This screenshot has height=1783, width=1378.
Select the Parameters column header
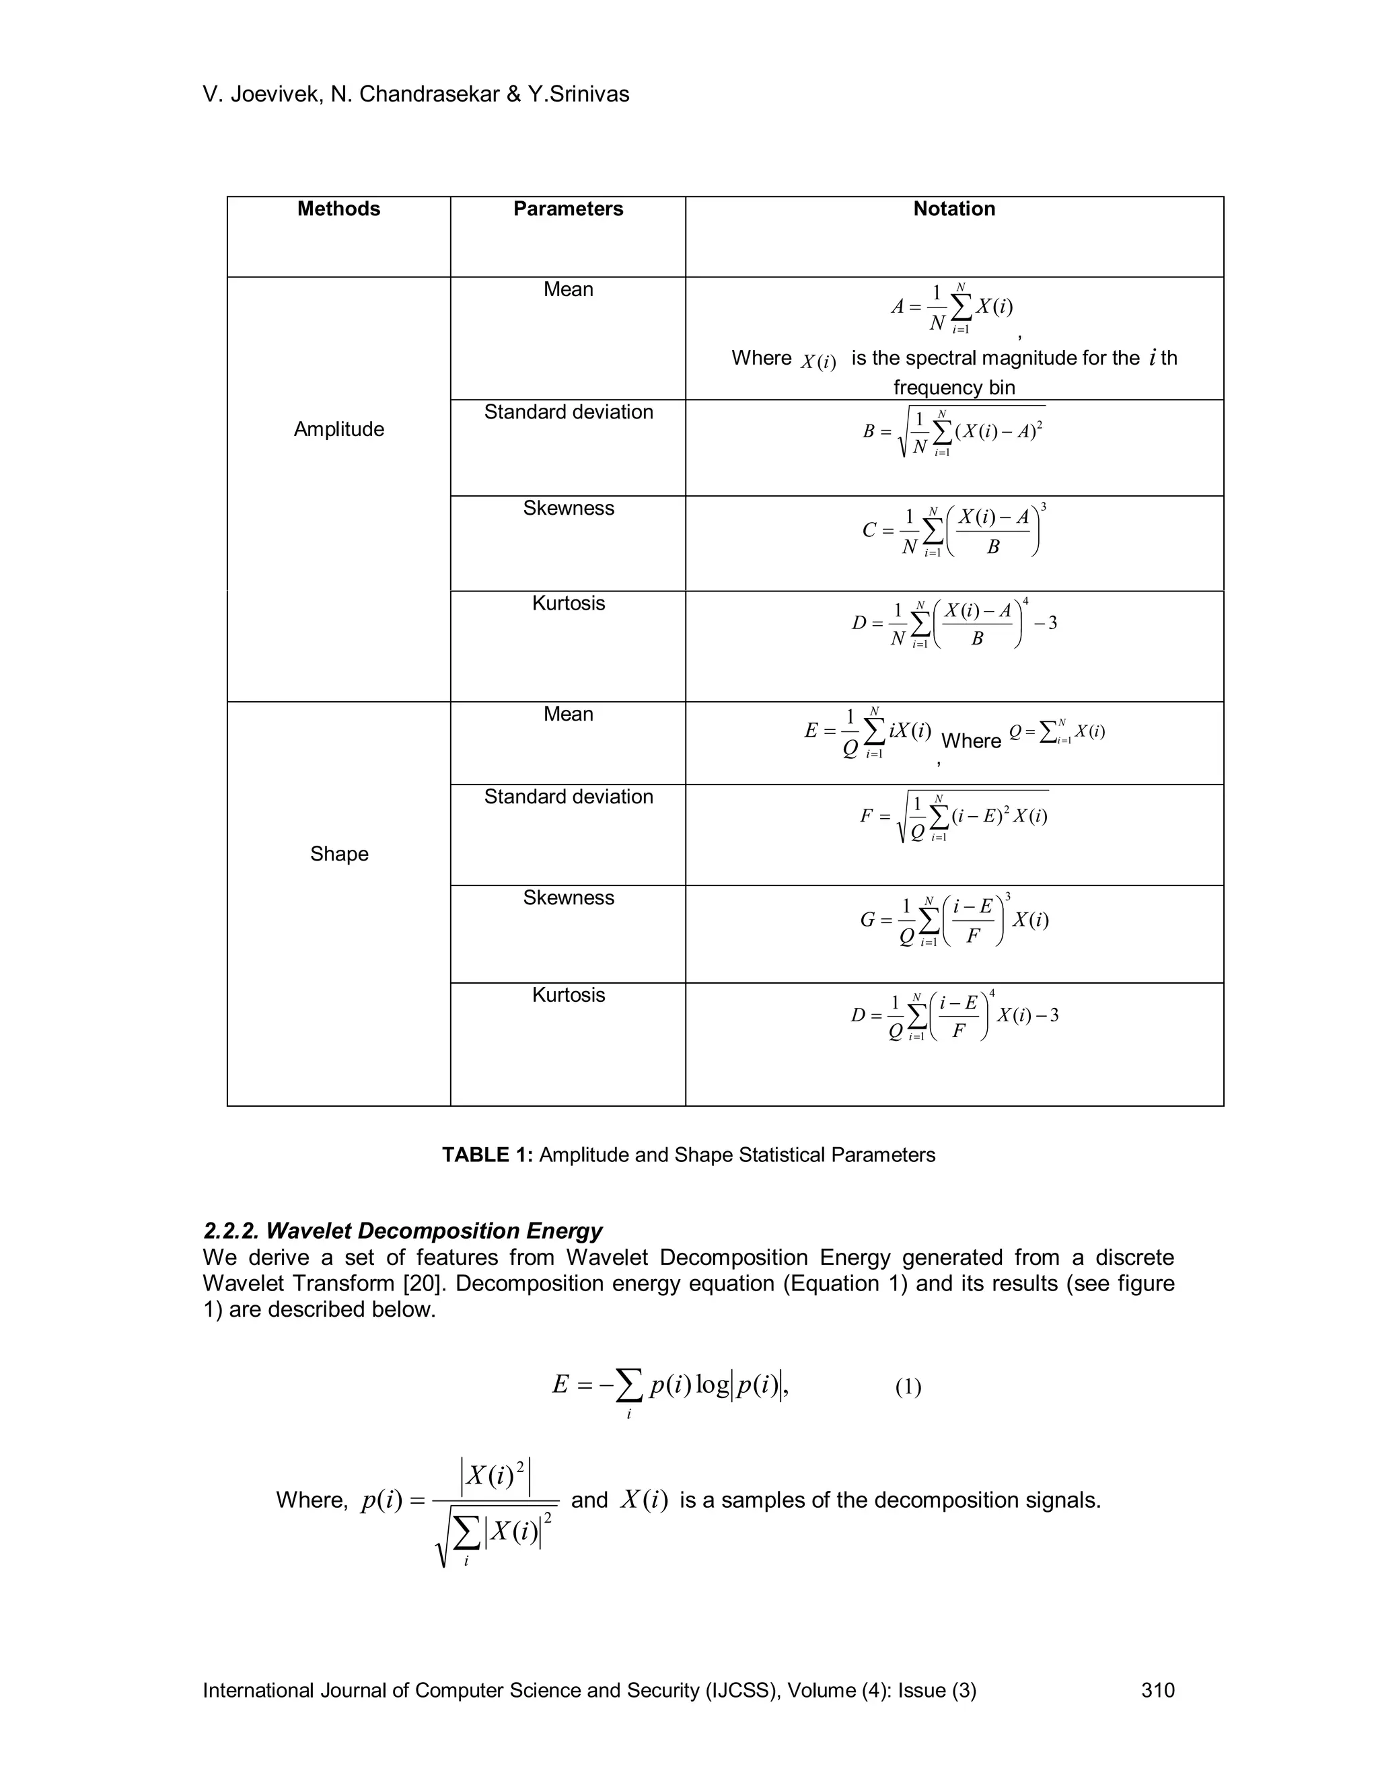pyautogui.click(x=567, y=209)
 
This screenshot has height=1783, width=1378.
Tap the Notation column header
pyautogui.click(x=953, y=209)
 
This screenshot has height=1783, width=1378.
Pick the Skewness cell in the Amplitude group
pyautogui.click(x=567, y=508)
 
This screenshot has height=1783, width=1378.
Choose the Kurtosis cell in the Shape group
pyautogui.click(x=567, y=994)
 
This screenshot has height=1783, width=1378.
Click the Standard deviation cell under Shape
pyautogui.click(x=567, y=797)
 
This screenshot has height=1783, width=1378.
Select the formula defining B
pyautogui.click(x=953, y=431)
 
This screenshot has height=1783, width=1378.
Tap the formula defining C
pyautogui.click(x=953, y=531)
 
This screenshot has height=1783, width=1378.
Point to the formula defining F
pyautogui.click(x=953, y=816)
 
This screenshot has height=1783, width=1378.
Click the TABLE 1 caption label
pyautogui.click(x=487, y=1155)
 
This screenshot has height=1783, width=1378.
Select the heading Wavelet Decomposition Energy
pyautogui.click(x=402, y=1231)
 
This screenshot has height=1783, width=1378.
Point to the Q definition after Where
pyautogui.click(x=1056, y=731)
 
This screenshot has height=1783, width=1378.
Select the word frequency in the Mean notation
pyautogui.click(x=926, y=388)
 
